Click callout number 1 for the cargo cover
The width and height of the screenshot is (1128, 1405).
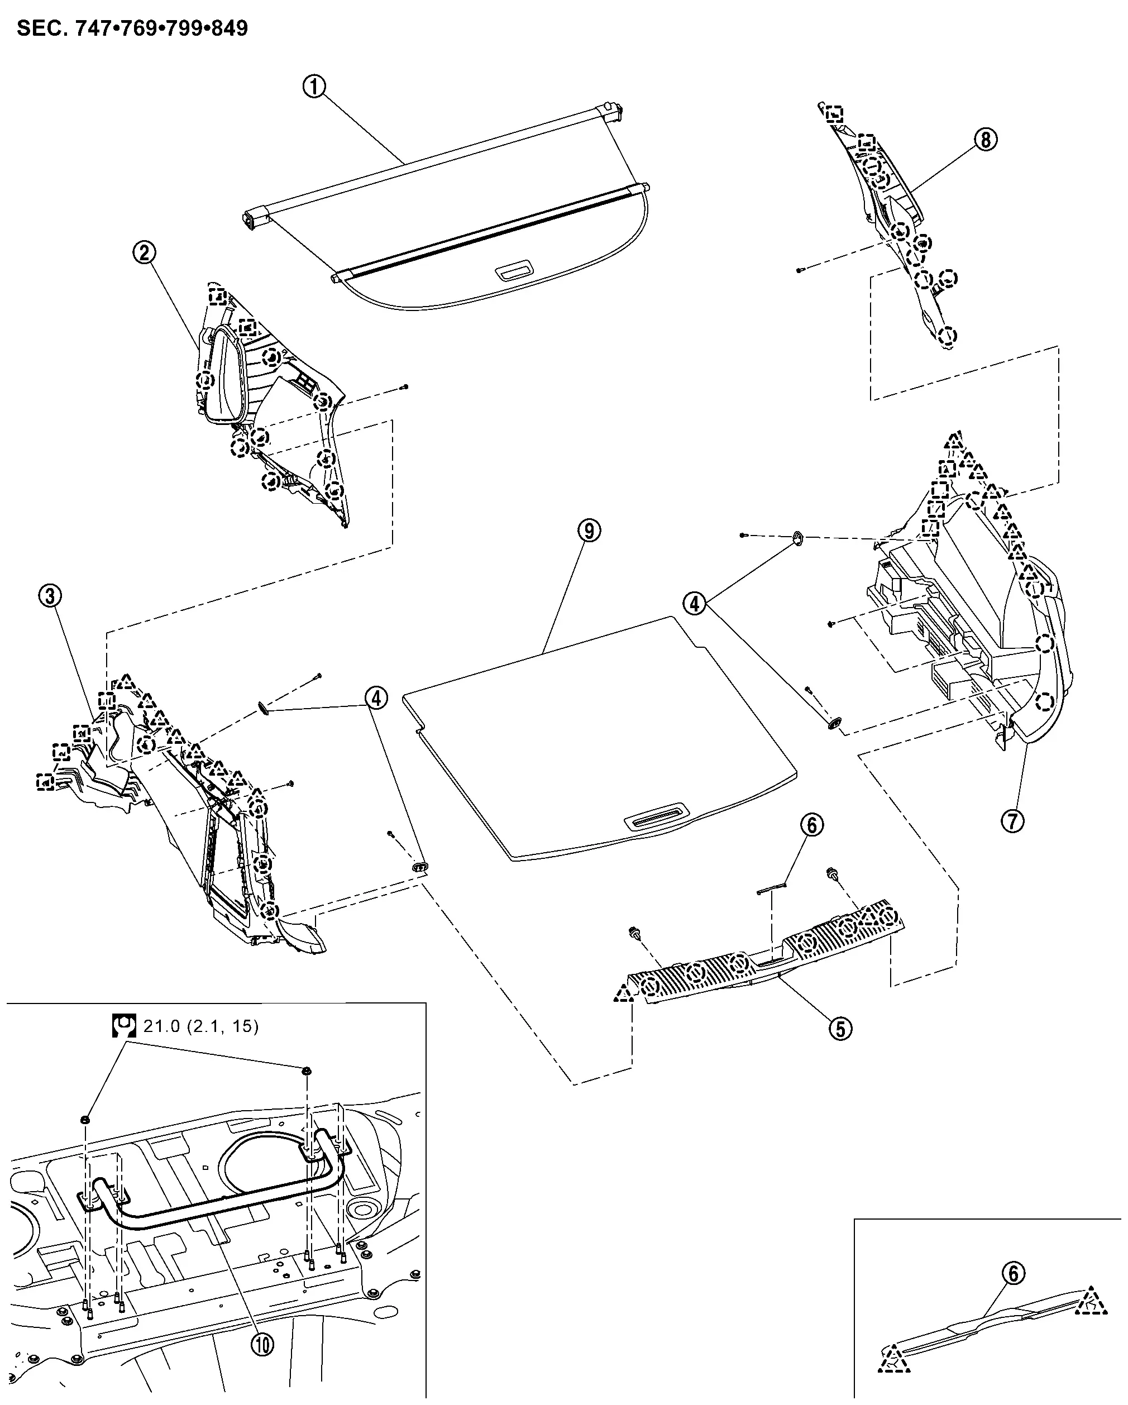pos(314,86)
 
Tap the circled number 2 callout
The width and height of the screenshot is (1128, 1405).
pos(144,252)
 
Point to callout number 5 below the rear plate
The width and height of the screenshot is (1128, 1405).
pos(840,1029)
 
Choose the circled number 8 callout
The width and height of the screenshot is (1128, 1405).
pos(985,139)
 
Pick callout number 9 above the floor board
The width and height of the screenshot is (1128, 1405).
pos(589,531)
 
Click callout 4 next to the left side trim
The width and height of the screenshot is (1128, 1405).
pos(376,698)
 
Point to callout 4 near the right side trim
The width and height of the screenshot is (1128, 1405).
pos(695,604)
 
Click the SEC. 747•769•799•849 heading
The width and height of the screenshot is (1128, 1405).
pos(132,28)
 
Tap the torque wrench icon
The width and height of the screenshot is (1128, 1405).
pos(123,1026)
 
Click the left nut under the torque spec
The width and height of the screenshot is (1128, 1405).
pos(85,1120)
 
